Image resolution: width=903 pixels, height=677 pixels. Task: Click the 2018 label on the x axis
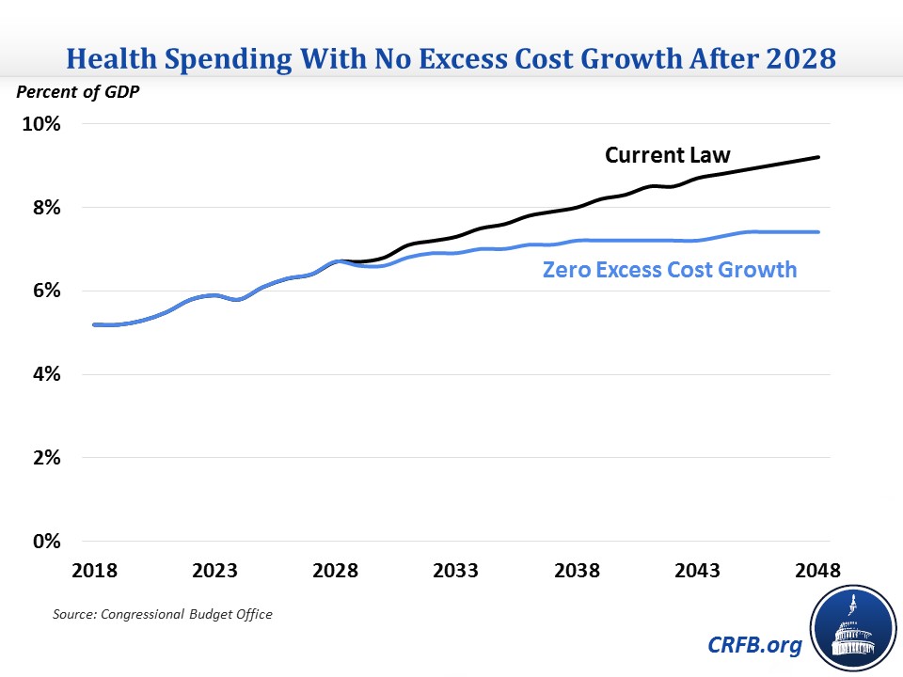94,572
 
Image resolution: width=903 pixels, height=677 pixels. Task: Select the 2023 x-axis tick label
214,572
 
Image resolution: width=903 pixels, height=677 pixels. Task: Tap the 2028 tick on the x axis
336,572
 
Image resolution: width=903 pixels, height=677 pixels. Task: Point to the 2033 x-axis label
456,572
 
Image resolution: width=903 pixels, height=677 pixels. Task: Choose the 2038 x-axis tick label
577,572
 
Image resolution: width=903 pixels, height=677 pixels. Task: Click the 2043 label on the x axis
697,572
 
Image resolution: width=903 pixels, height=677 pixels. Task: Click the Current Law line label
667,155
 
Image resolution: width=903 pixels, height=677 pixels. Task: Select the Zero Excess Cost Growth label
670,270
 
